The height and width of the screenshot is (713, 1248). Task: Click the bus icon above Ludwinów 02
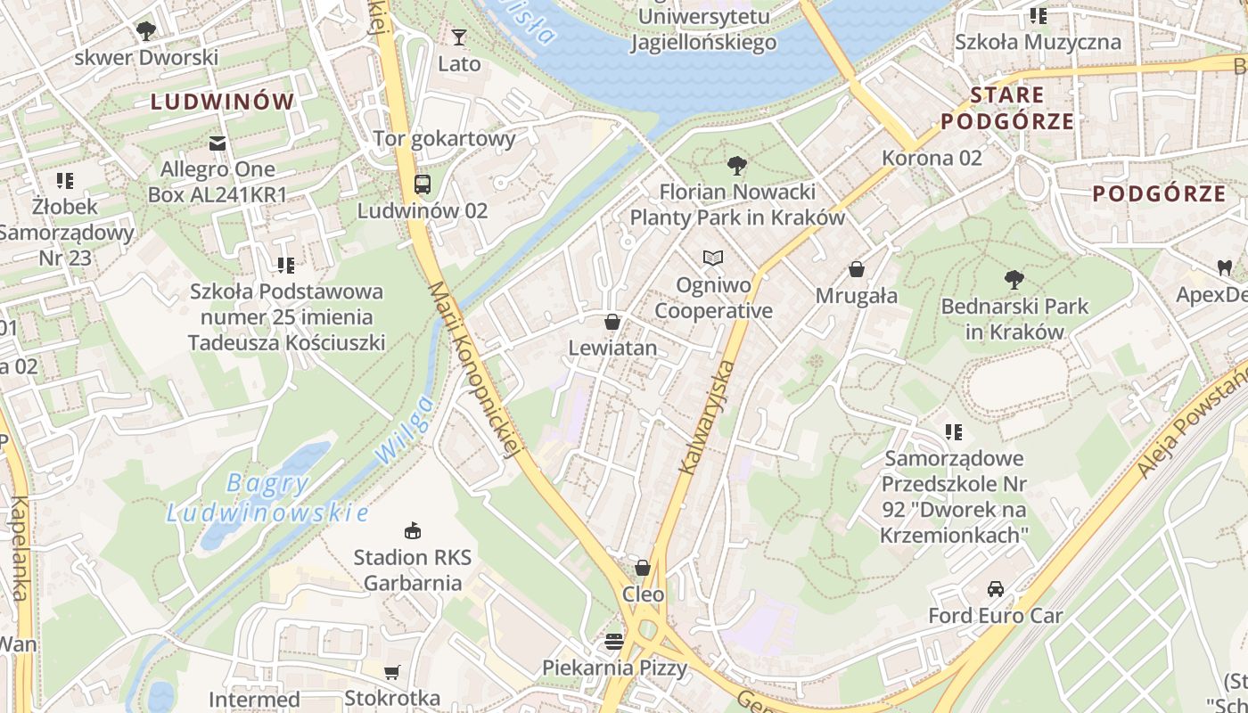pos(423,184)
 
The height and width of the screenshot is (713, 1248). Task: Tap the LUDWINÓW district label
pos(222,102)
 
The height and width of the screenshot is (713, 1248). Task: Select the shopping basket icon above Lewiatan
pos(612,322)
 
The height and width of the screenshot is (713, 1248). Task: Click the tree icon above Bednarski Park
pos(1014,280)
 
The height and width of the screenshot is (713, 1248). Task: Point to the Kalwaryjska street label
pos(706,415)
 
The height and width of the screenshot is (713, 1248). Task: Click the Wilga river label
pos(405,430)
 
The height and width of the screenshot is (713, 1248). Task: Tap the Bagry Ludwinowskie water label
pos(267,498)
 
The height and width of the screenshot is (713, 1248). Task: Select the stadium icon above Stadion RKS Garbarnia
pos(412,531)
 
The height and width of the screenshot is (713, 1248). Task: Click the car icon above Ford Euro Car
pos(995,589)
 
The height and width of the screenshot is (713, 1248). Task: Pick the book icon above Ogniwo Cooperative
pos(712,258)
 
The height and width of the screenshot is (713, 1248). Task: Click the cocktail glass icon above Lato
pos(459,37)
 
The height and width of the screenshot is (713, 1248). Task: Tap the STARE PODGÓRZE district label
pos(1007,108)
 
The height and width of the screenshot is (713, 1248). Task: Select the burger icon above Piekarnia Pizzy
pos(614,641)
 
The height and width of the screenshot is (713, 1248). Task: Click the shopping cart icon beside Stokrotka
pos(391,672)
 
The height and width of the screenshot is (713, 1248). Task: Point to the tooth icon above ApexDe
pos(1224,266)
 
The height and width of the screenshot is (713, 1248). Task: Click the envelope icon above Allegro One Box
pos(218,143)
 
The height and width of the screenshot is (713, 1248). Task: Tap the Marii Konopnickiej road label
pos(473,370)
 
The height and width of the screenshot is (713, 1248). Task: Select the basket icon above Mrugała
pos(857,269)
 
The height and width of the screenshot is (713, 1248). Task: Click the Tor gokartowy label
pos(444,138)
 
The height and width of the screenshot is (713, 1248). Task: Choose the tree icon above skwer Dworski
pos(146,31)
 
